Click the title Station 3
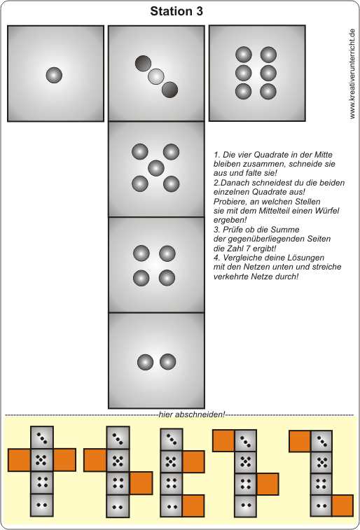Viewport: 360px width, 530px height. (176, 11)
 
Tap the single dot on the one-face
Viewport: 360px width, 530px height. (54, 75)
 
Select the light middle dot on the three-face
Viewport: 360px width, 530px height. (156, 76)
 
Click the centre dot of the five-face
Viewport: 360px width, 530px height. (156, 168)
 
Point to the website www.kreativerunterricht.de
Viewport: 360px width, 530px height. (352, 74)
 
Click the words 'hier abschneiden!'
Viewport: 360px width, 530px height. (192, 414)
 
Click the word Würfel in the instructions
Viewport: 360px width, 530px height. (328, 211)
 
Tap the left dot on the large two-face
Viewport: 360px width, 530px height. (146, 362)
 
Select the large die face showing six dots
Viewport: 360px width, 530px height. (257, 73)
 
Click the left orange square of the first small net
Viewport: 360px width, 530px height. (19, 460)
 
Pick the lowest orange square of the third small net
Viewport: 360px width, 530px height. (193, 505)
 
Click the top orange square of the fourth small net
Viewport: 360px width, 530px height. (223, 440)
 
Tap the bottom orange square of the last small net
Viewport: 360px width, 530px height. (342, 505)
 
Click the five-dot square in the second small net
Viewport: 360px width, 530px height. (118, 461)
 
